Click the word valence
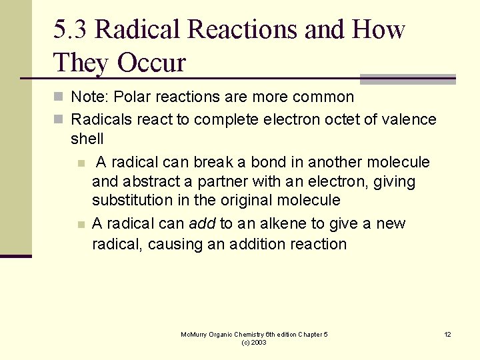click(x=411, y=120)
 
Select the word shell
click(x=87, y=139)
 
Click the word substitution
click(x=129, y=201)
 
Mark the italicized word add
click(x=202, y=224)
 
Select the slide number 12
click(x=447, y=334)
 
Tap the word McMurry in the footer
click(x=195, y=334)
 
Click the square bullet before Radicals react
click(x=58, y=120)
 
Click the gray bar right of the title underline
click(x=407, y=79)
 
